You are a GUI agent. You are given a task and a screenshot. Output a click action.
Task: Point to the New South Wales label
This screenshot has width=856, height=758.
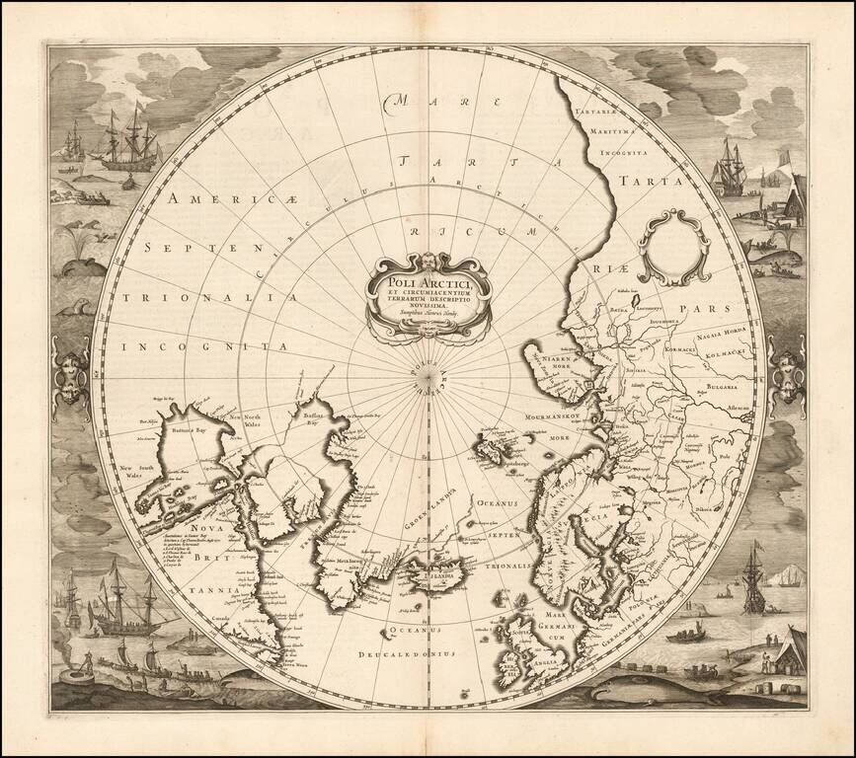click(x=135, y=471)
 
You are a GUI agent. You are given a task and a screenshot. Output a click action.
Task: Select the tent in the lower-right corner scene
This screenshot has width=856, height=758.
click(x=790, y=652)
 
